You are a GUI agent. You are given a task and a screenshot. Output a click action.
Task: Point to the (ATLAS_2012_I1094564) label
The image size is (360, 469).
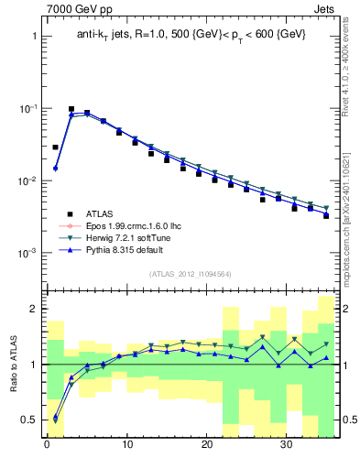pyautogui.click(x=190, y=273)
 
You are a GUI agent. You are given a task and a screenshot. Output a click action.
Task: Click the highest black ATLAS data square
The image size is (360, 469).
pyautogui.click(x=71, y=109)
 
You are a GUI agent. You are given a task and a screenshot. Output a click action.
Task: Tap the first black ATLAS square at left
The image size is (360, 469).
pyautogui.click(x=55, y=147)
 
